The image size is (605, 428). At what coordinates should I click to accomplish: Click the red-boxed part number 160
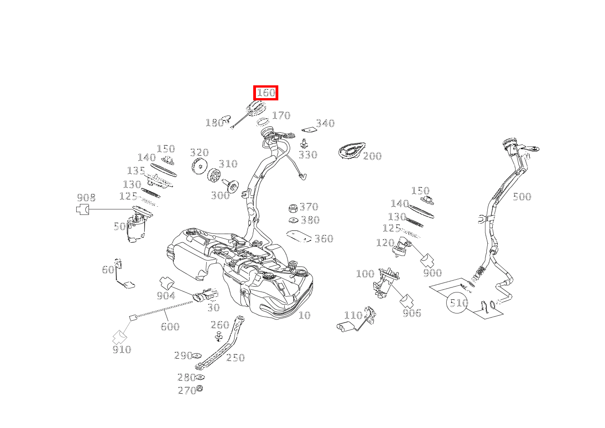click(x=266, y=93)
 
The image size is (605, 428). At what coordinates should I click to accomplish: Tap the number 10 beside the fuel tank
click(x=304, y=315)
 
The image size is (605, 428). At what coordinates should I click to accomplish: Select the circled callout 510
click(x=459, y=303)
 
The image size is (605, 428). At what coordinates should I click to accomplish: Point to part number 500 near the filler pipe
click(x=522, y=197)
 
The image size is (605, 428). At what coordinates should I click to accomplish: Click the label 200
click(x=372, y=156)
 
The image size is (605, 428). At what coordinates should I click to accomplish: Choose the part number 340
click(x=325, y=123)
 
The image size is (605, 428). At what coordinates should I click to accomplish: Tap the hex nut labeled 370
click(x=293, y=209)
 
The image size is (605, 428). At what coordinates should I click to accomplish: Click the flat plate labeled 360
click(x=298, y=236)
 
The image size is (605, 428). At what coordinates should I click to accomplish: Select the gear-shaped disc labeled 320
click(x=199, y=167)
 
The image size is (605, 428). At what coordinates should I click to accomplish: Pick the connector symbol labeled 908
click(x=82, y=209)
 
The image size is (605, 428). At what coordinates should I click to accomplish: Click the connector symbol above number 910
click(x=120, y=337)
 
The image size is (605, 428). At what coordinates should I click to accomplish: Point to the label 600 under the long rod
click(x=169, y=326)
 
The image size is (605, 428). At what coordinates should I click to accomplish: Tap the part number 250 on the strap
click(x=235, y=358)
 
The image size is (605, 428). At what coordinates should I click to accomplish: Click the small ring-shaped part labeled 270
click(x=199, y=389)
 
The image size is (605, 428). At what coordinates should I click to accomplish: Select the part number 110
click(x=353, y=315)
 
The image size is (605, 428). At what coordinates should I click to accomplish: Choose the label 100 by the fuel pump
click(x=365, y=274)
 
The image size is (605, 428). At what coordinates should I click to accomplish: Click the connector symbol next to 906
click(x=406, y=301)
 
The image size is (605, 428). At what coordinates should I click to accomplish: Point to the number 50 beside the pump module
click(x=120, y=226)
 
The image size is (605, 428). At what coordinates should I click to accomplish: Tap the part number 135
click(x=136, y=171)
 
